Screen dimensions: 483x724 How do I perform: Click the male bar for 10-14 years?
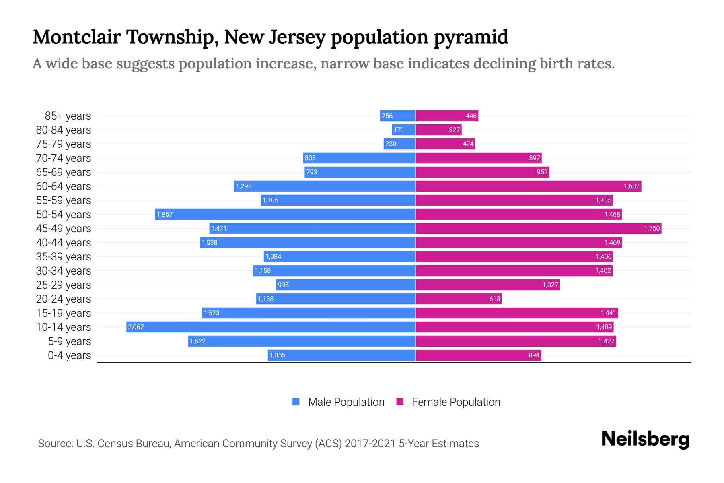point(271,327)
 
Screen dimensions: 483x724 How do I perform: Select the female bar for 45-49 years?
point(538,228)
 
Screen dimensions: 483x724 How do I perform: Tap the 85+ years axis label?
point(68,116)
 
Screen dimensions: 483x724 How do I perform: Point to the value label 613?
point(494,299)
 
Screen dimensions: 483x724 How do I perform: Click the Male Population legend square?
point(296,402)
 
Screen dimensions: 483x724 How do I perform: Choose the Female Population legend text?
point(456,402)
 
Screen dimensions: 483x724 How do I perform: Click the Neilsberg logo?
point(645,439)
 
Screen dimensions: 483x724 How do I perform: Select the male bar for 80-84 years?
point(403,130)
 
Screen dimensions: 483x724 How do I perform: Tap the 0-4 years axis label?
point(69,355)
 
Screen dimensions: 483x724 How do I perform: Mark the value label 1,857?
point(165,214)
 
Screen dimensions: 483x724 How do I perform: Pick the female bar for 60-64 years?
point(528,186)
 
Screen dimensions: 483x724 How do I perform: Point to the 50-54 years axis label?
point(64,215)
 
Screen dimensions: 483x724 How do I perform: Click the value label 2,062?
point(136,327)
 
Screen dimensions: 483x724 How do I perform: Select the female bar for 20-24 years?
point(459,299)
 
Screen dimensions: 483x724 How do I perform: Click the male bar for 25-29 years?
point(346,285)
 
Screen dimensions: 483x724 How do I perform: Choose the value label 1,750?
point(652,228)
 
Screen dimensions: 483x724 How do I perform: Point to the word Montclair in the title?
point(76,37)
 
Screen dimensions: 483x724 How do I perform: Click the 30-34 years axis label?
point(64,271)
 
